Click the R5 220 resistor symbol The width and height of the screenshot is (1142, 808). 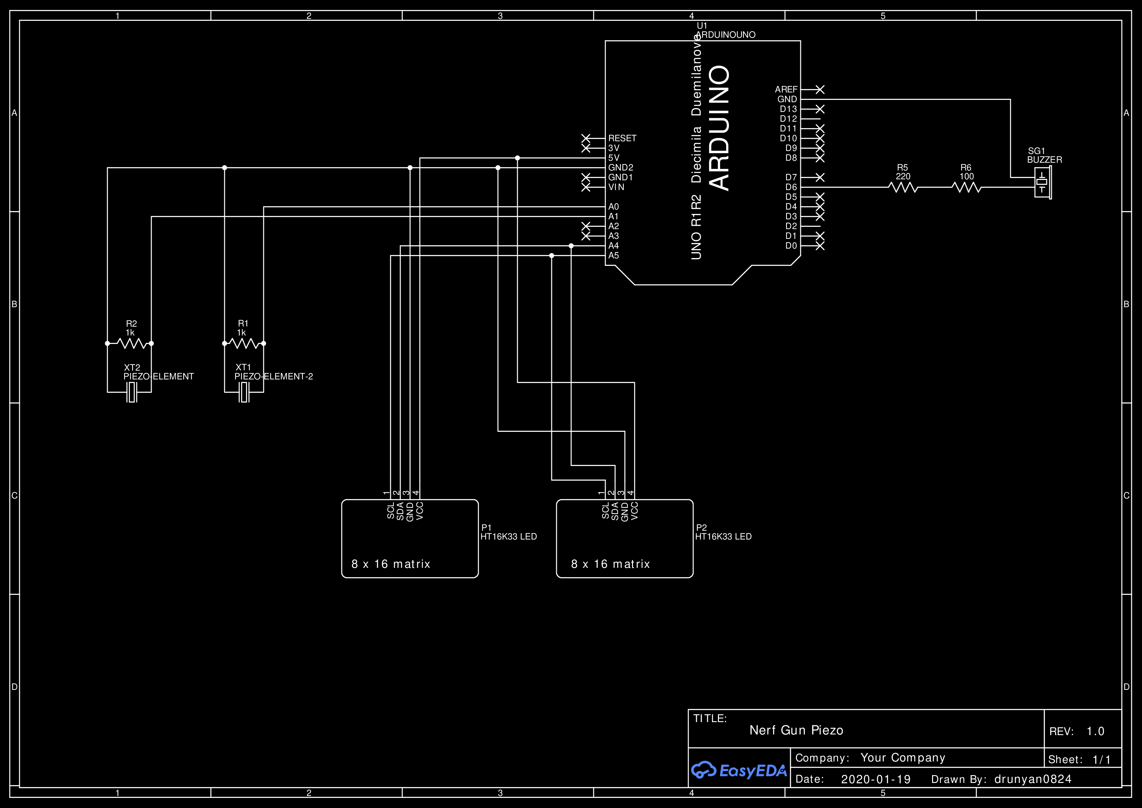coord(903,187)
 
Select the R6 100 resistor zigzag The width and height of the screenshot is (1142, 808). coord(966,187)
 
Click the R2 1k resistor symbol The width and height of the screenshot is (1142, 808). coord(132,343)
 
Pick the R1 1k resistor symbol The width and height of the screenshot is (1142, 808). coord(244,343)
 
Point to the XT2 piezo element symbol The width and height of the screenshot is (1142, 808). coord(132,392)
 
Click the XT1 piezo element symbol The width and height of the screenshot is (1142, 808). coord(244,392)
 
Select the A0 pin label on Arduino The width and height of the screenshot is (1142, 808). coord(613,207)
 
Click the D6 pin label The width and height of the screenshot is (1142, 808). coord(791,187)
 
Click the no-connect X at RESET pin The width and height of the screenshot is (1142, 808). coord(586,138)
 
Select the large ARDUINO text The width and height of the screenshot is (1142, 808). coord(720,128)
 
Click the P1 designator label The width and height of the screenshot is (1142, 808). coord(486,528)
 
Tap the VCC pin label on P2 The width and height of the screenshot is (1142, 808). coord(634,511)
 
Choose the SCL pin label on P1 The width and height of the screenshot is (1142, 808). coord(391,511)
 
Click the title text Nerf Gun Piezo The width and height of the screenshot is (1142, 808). coord(796,730)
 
